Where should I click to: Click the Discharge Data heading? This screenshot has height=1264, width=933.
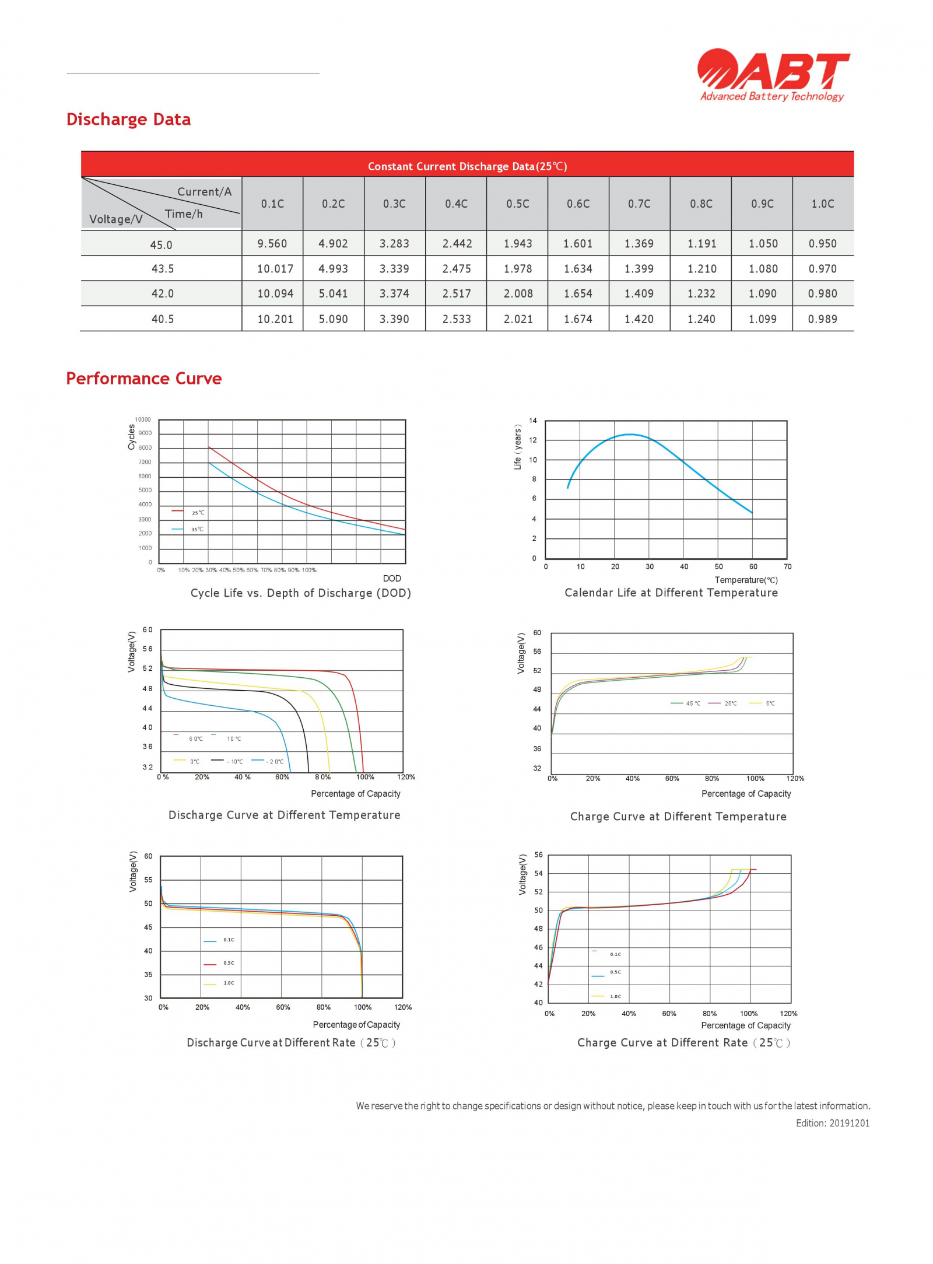pos(128,120)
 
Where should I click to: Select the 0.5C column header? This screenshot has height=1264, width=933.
pos(517,204)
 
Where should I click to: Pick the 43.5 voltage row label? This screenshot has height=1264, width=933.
pos(162,269)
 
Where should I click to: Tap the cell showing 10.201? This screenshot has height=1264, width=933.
pos(275,319)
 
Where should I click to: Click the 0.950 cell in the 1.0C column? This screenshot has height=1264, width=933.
pos(822,244)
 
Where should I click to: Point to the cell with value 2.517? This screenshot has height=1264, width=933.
pos(456,293)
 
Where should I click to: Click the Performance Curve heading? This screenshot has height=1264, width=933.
pos(143,379)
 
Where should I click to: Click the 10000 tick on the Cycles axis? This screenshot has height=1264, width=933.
pos(143,419)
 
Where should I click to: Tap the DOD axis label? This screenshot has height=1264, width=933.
pos(392,578)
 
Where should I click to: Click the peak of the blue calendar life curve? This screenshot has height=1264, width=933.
pos(630,435)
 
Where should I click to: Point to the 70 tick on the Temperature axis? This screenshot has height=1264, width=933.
pos(787,566)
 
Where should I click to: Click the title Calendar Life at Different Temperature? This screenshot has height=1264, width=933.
pos(671,593)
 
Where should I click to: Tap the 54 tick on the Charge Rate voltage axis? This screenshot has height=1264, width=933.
pos(538,873)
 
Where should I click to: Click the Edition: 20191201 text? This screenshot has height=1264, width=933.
pos(832,1123)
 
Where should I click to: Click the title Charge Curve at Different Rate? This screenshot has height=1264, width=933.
pos(683,1042)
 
